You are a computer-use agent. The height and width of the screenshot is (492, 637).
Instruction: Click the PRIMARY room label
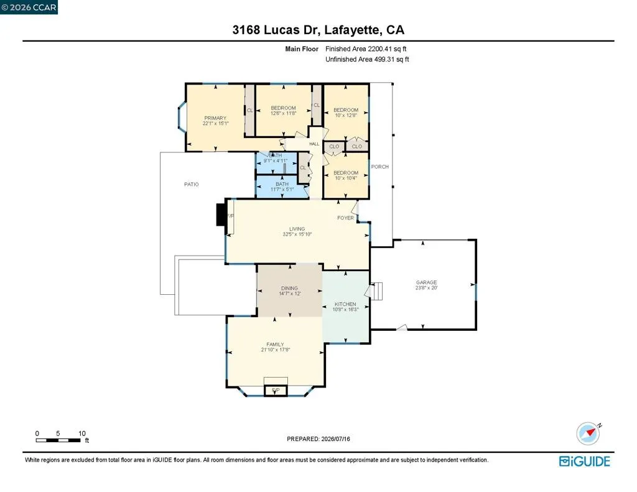(215, 118)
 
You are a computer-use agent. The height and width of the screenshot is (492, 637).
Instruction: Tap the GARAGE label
(426, 282)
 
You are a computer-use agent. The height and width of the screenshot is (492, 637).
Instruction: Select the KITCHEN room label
(345, 304)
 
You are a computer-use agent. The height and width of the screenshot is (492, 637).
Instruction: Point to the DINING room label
(289, 288)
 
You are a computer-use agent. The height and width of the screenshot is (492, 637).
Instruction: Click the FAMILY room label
(275, 344)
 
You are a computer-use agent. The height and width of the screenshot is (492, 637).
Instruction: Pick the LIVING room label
(297, 229)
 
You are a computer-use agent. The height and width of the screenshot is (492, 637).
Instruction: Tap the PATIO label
(192, 184)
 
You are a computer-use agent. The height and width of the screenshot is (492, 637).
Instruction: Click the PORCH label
(380, 167)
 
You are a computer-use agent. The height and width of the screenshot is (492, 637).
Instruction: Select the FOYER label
(345, 218)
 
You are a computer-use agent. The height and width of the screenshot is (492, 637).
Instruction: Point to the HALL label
(314, 144)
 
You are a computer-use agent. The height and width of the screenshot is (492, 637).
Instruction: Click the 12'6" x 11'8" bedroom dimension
(283, 113)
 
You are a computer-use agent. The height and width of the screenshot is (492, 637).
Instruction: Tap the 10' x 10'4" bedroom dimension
(346, 178)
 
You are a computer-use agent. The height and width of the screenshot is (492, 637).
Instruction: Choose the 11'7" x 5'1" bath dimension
(282, 189)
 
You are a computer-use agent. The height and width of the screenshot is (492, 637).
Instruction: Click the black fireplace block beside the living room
(221, 214)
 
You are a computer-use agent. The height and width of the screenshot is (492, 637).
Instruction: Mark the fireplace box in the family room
(276, 391)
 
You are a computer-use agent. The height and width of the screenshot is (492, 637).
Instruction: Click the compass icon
(588, 433)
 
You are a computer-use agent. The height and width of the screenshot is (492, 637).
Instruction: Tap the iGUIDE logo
(585, 462)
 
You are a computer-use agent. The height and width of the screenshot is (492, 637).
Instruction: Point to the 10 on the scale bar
(82, 434)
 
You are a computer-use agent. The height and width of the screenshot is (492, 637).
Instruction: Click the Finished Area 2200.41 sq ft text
(366, 49)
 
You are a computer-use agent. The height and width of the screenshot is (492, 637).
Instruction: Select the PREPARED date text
(318, 439)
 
